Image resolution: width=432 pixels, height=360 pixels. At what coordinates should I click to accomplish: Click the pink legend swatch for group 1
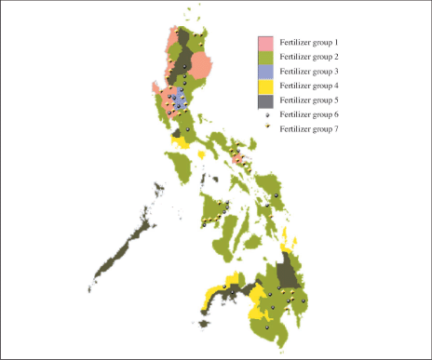[265, 43]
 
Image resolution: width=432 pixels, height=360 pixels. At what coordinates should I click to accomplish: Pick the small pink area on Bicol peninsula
[237, 159]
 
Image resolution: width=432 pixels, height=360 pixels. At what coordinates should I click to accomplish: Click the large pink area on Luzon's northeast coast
[207, 63]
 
